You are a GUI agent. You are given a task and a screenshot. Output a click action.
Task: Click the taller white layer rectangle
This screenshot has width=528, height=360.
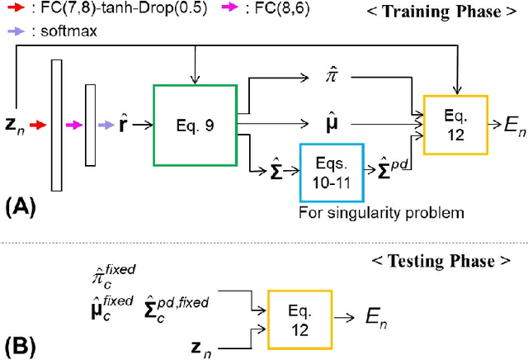[56, 124]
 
